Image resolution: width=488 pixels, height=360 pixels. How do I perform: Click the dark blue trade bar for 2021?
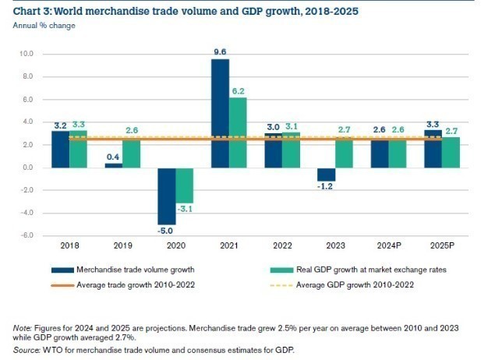click(x=220, y=113)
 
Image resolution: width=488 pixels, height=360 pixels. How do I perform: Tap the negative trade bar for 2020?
click(x=167, y=196)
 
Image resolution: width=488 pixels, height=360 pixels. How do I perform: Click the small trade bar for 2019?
click(x=114, y=165)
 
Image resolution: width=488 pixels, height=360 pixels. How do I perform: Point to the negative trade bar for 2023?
click(x=327, y=175)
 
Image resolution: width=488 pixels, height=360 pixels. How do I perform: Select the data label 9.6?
click(x=220, y=52)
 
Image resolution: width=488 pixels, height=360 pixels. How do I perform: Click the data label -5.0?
click(x=167, y=231)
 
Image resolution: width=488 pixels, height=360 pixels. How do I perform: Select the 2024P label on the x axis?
click(x=388, y=245)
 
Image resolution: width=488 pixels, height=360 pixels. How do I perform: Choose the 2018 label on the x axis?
click(x=69, y=245)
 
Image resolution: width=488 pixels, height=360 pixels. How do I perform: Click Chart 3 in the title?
click(x=32, y=11)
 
